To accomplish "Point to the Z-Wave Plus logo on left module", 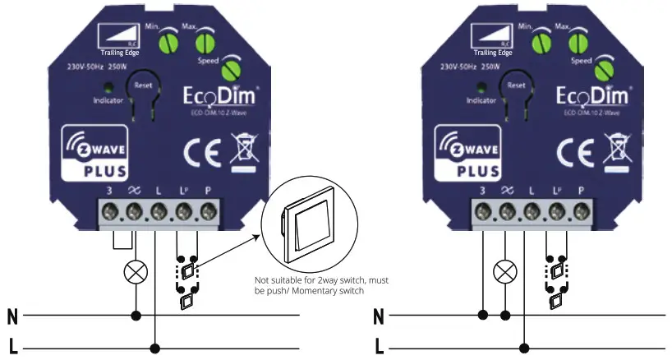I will point(94,155).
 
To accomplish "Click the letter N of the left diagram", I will point(12,316).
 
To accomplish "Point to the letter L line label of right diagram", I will point(379,347).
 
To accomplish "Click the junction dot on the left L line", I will point(156,348).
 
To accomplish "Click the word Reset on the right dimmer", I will point(516,84).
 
